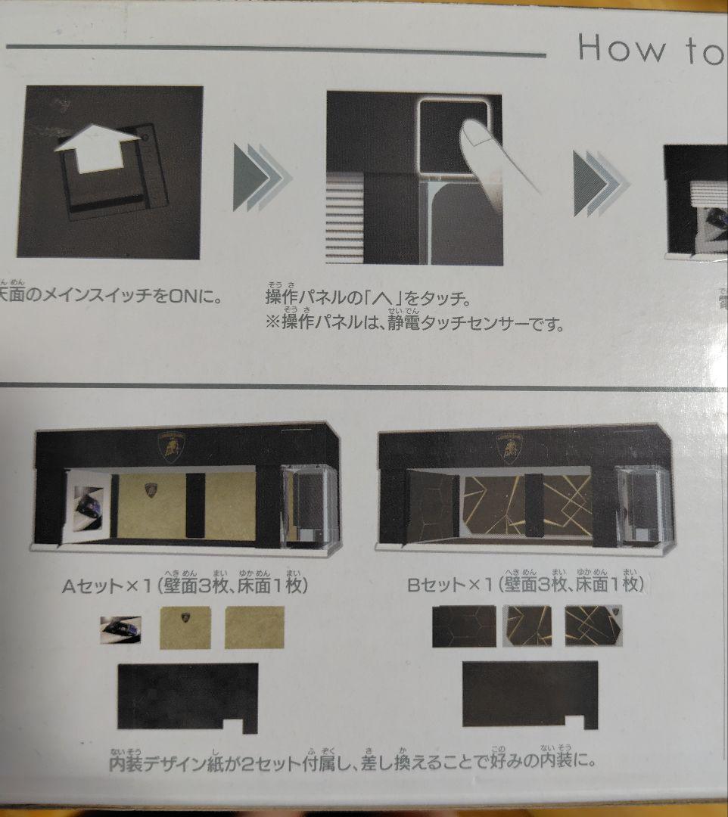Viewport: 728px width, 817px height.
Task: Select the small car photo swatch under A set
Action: click(x=121, y=629)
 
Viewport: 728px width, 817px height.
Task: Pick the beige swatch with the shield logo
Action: click(x=185, y=627)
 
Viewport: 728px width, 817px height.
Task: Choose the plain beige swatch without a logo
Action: click(x=254, y=627)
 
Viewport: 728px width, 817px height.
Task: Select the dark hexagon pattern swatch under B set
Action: click(x=464, y=626)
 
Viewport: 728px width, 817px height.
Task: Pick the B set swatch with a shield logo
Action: click(x=598, y=626)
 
